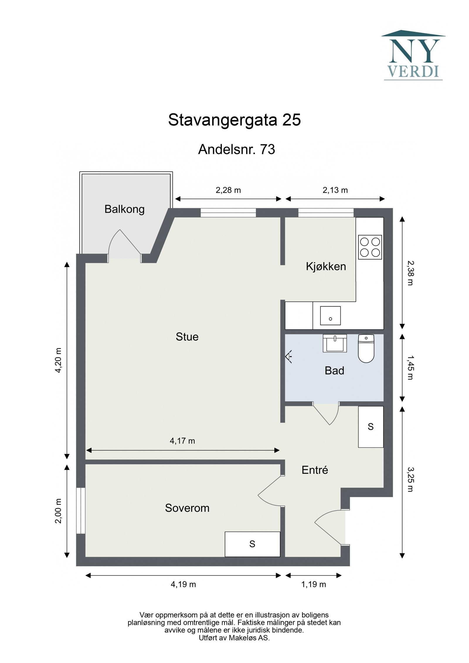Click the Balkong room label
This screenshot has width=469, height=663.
pos(124,209)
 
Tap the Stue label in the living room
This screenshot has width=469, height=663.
pos(187,337)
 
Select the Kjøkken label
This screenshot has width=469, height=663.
pos(326,266)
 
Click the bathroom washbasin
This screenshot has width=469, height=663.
pos(334,343)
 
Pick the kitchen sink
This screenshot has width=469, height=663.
pos(330,316)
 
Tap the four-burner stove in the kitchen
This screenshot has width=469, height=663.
pos(370,247)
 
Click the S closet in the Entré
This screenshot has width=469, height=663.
pos(371,427)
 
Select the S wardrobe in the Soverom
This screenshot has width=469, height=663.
pos(252,544)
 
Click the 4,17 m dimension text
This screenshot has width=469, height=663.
pos(182,441)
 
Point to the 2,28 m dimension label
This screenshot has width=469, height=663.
pos(228,190)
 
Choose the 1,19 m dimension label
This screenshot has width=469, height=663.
pos(313,584)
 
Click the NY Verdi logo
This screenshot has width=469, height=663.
pos(413,56)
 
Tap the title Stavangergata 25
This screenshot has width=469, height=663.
pos(234,120)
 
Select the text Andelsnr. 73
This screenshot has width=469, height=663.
pos(236,149)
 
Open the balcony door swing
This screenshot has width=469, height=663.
pos(125,245)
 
